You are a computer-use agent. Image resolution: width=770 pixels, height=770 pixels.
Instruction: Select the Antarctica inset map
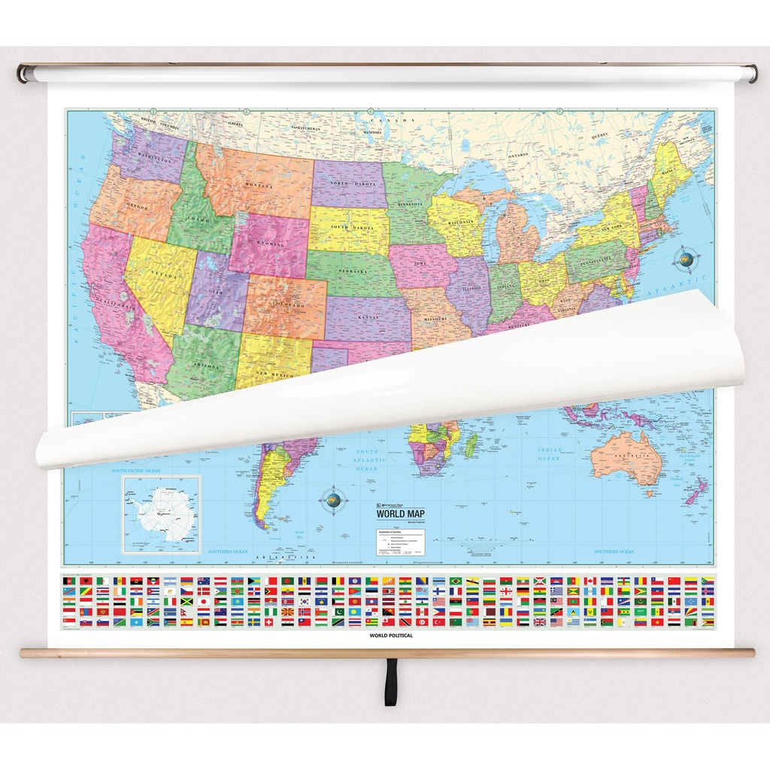(x=162, y=514)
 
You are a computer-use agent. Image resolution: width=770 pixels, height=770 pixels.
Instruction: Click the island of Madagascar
(x=471, y=444)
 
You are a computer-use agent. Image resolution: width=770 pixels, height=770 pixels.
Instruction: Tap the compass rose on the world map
(x=333, y=499)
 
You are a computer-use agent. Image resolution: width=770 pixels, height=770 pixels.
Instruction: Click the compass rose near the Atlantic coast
(x=685, y=259)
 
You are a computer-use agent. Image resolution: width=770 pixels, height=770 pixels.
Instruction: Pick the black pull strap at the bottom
(x=390, y=683)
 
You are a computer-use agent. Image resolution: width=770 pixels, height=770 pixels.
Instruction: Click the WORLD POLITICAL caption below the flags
(x=391, y=635)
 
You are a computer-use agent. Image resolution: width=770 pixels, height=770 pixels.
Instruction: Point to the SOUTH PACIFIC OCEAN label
(x=136, y=471)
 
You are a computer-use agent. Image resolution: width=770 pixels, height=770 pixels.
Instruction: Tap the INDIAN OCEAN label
(x=550, y=453)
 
